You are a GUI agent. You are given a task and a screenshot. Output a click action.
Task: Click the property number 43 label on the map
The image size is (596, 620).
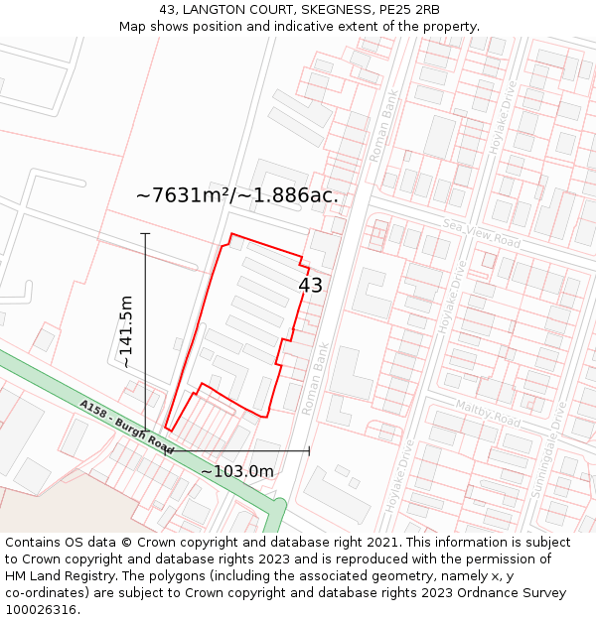point(310,286)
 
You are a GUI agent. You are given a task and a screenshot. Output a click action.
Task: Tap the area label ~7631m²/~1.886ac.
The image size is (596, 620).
point(237,195)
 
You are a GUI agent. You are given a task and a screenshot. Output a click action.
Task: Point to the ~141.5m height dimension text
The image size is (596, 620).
point(126,331)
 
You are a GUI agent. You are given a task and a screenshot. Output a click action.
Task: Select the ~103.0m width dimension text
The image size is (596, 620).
point(237,471)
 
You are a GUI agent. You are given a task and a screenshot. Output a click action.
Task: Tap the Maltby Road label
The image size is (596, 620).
point(488,414)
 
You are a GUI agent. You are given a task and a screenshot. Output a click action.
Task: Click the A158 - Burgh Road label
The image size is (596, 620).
point(126,428)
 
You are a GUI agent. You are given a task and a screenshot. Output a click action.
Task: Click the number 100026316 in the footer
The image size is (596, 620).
point(43,610)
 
